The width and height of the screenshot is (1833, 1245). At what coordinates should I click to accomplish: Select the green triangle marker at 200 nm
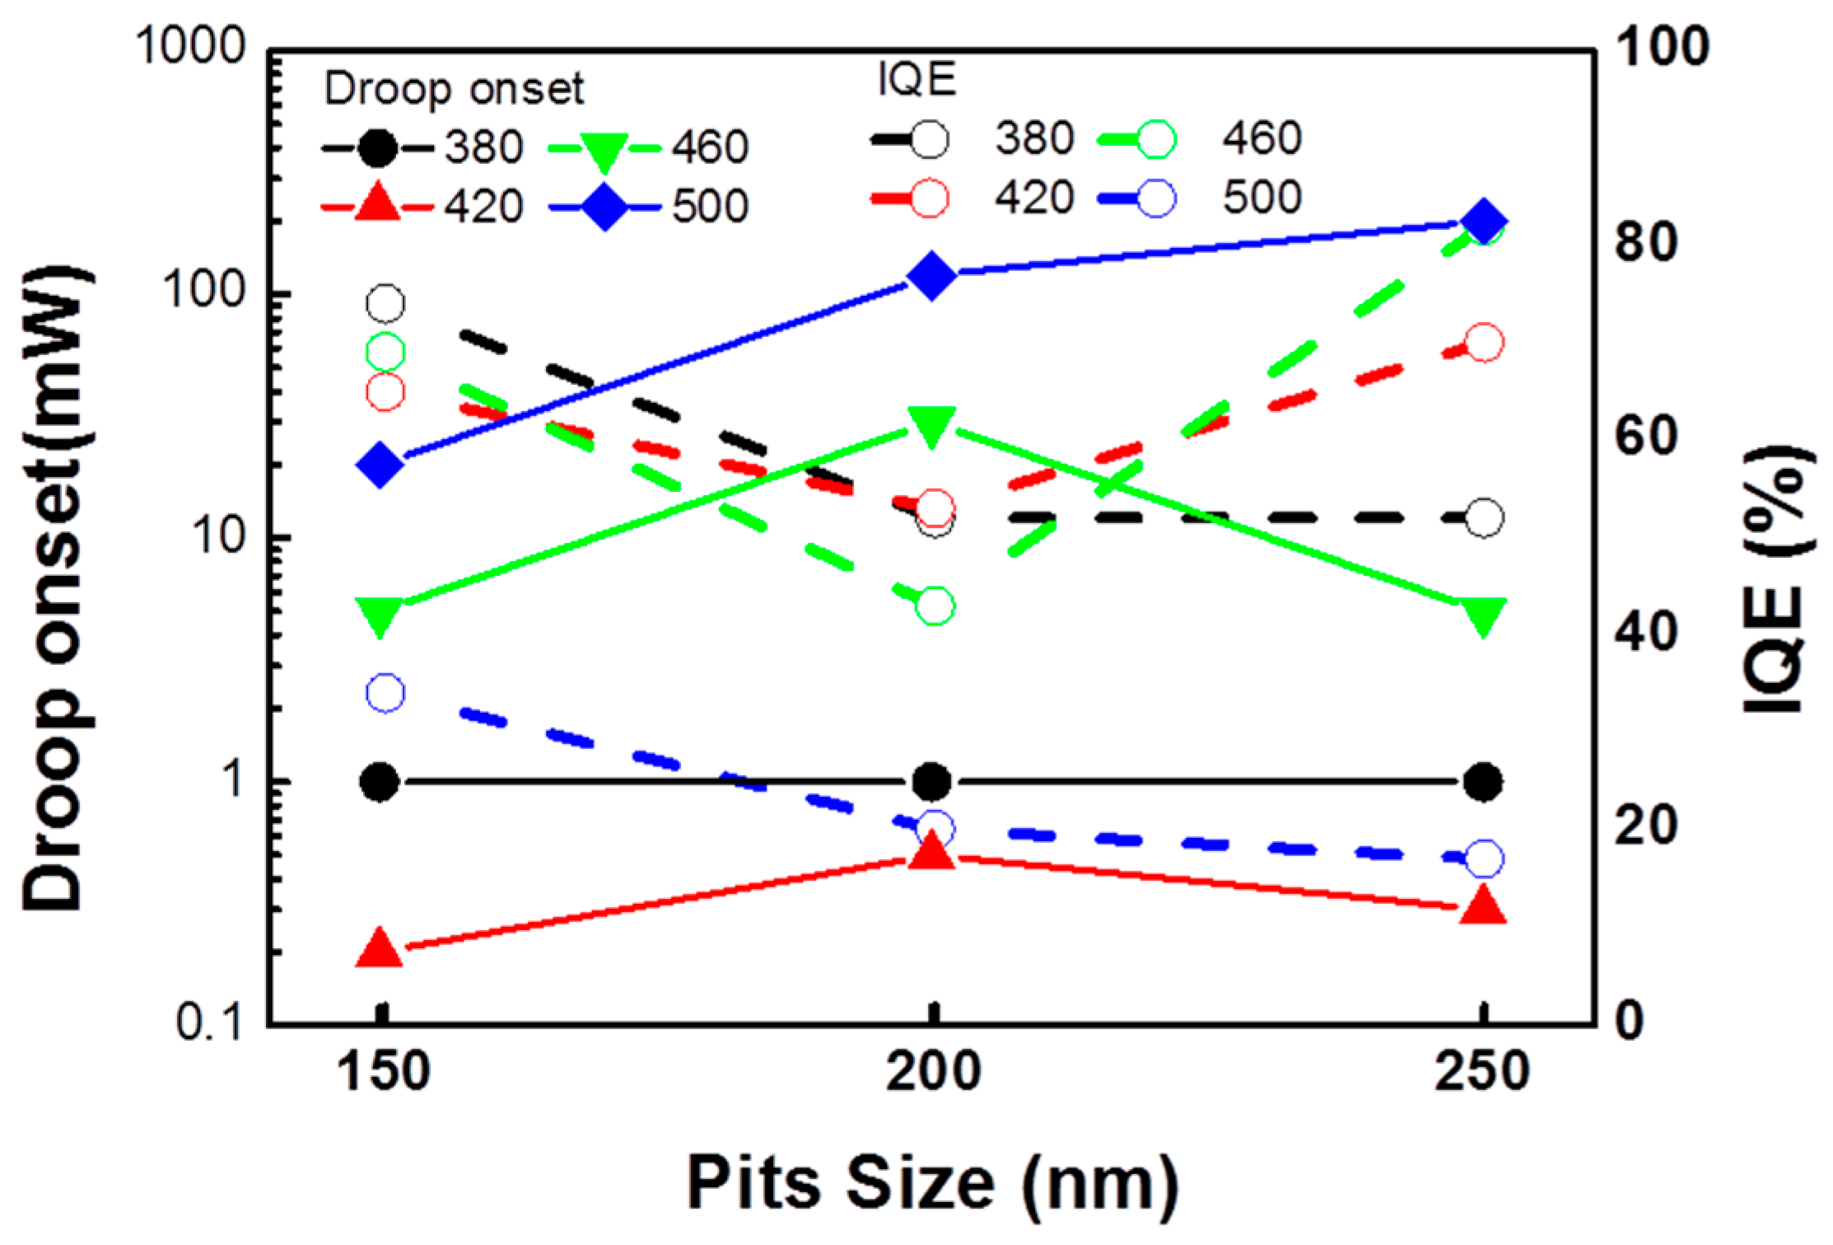[932, 425]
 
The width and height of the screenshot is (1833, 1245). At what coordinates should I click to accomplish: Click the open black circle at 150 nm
[385, 304]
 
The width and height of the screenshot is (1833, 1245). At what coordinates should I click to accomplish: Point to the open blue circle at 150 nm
[385, 693]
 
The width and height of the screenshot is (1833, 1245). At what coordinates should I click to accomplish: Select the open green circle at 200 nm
[935, 606]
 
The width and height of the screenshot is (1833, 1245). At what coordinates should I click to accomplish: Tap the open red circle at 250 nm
[1484, 343]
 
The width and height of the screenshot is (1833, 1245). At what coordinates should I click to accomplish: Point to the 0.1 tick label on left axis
[210, 1023]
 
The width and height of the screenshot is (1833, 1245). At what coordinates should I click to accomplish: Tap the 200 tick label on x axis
[932, 1071]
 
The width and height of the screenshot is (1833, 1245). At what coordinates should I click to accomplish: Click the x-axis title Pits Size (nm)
[932, 1183]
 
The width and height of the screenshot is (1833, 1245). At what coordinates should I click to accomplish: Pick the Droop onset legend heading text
[454, 88]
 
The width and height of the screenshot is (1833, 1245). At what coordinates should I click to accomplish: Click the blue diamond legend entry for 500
[605, 208]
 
